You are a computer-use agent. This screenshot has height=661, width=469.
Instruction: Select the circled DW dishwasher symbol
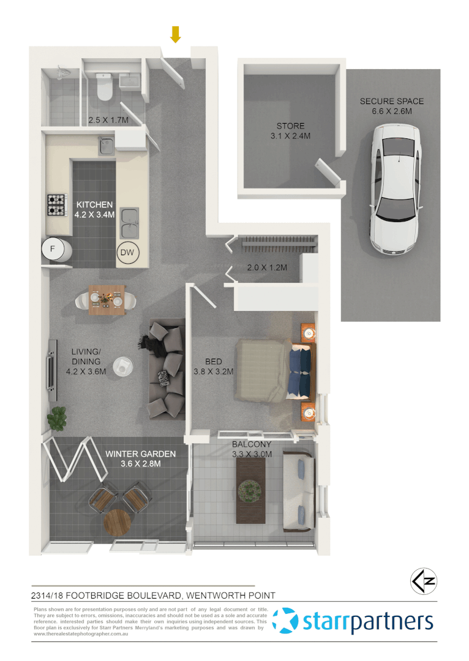[128, 252]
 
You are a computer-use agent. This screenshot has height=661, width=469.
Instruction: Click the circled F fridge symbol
[52, 248]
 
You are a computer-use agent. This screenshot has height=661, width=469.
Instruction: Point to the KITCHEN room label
[94, 204]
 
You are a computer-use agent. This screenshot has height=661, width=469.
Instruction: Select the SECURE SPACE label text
[392, 102]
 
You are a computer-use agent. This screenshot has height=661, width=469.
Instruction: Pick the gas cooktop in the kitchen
[57, 205]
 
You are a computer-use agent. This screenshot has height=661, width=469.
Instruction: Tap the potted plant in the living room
[58, 418]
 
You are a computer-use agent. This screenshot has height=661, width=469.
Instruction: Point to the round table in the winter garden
[117, 523]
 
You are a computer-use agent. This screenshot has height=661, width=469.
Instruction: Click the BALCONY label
[252, 444]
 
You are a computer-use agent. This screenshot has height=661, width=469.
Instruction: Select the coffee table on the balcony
[251, 490]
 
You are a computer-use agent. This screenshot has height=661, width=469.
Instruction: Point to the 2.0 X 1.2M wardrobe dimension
[267, 267]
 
